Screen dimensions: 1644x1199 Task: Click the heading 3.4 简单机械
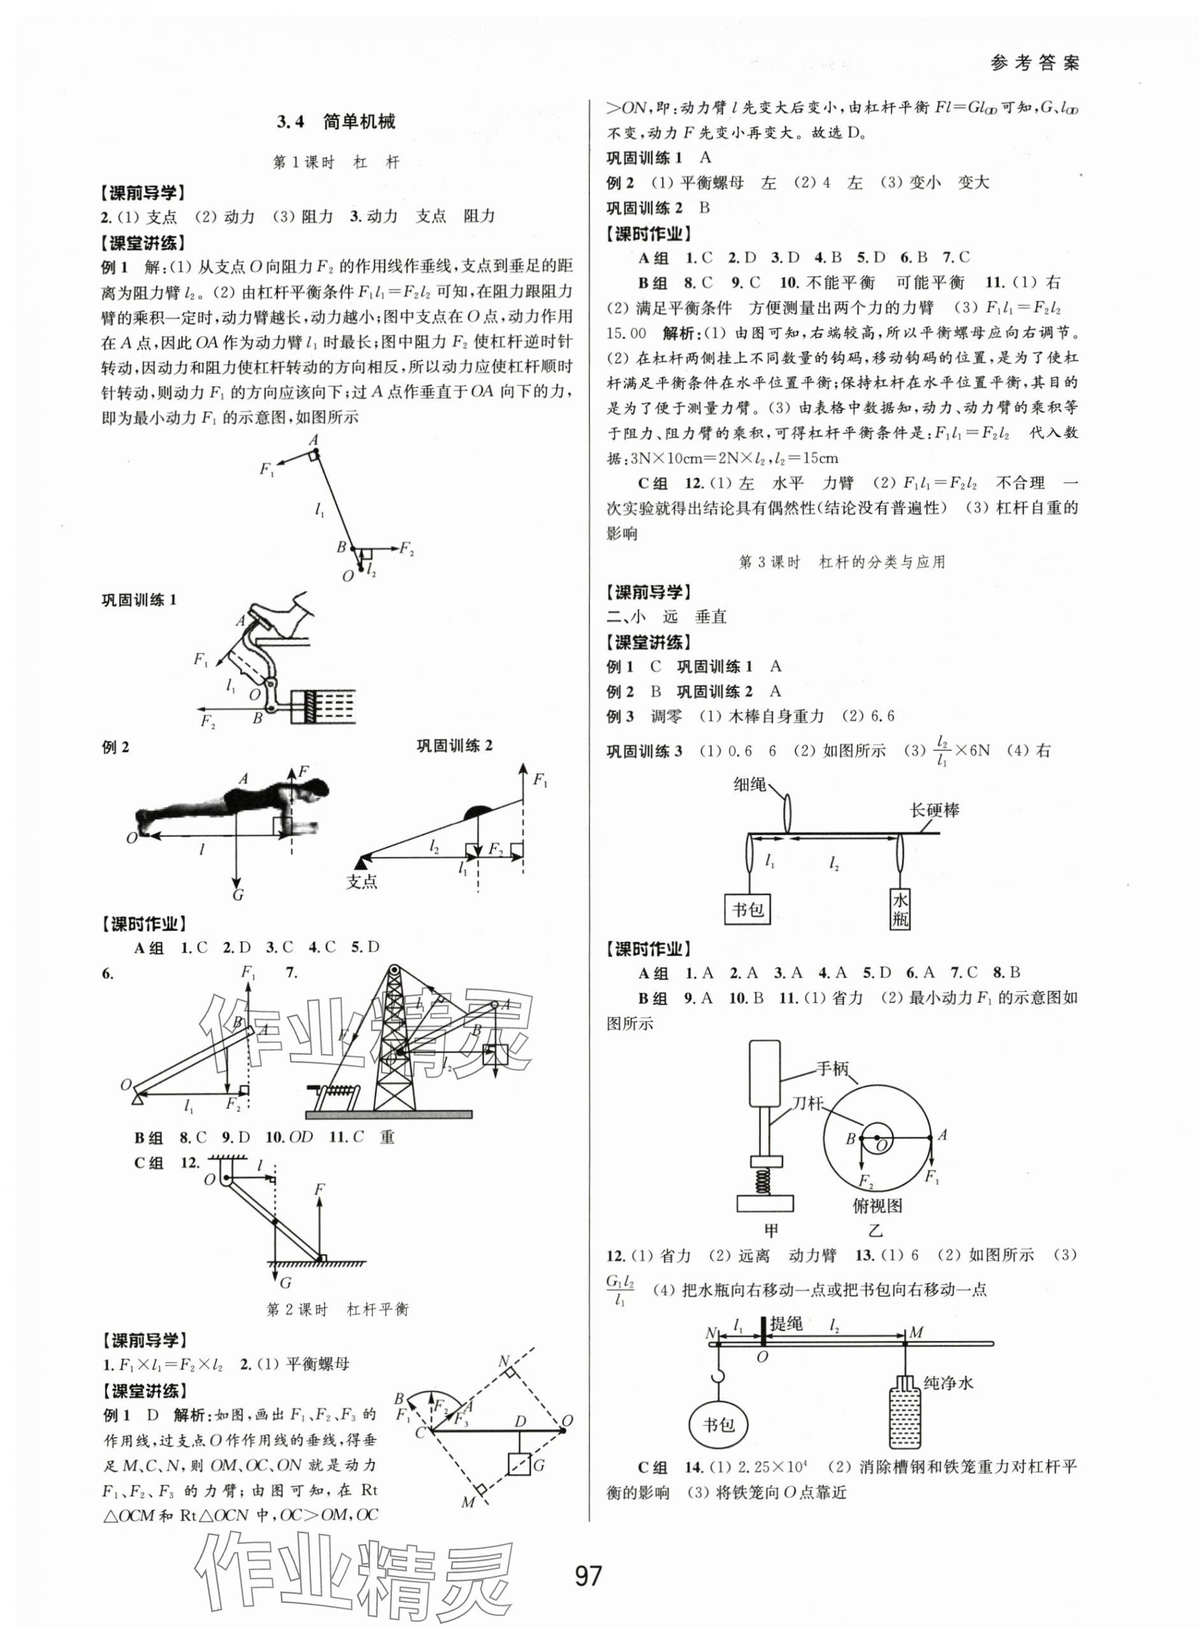click(335, 122)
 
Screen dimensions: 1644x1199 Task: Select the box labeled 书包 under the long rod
click(747, 909)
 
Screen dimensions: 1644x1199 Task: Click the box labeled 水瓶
click(900, 910)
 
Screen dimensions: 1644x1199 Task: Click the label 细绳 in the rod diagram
click(750, 784)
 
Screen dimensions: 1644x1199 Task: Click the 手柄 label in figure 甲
click(832, 1069)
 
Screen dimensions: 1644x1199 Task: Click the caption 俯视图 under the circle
click(877, 1206)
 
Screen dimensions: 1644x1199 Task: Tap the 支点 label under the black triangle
click(361, 882)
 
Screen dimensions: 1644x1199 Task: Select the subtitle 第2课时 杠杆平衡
click(338, 1310)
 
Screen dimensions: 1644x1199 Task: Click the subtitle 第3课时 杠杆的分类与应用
click(842, 562)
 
